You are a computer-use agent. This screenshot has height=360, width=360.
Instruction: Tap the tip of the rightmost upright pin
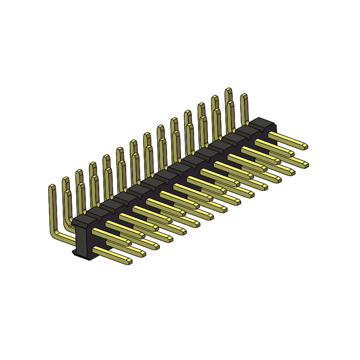point(244,95)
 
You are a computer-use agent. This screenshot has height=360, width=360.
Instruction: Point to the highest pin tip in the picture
point(228,89)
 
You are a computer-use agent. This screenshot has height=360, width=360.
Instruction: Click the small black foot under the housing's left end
point(74,252)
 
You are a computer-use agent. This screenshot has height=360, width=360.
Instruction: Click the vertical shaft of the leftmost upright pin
point(52,209)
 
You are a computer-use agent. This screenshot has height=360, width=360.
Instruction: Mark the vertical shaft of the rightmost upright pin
point(245,109)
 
